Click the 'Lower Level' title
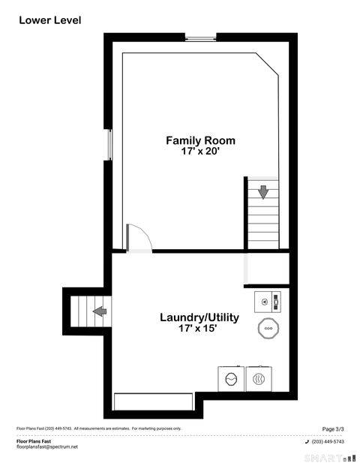point(49,20)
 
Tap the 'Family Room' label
point(200,140)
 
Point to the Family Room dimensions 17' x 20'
point(200,151)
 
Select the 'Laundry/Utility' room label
point(199,317)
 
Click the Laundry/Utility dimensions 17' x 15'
point(199,329)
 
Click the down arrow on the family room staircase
point(262,191)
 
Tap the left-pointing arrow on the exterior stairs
point(99,311)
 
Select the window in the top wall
point(201,38)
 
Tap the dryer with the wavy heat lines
point(259,378)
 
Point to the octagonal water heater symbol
point(268,328)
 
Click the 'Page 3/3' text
point(333,428)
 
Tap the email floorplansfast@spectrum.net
point(46,447)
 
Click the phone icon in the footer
point(307,441)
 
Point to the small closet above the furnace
point(267,269)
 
